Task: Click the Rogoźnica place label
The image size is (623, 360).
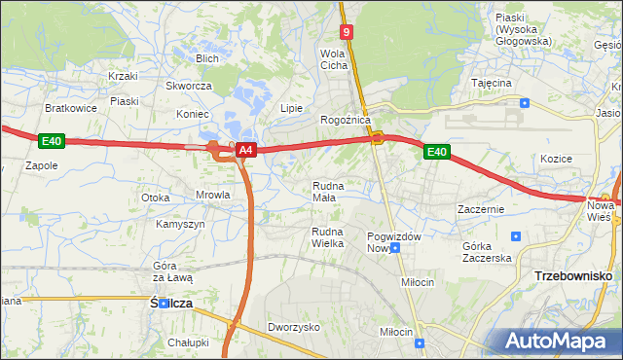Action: [346, 120]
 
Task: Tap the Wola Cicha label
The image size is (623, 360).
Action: [334, 59]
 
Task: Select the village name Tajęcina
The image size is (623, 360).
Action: [492, 83]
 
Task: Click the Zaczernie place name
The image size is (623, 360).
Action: [480, 209]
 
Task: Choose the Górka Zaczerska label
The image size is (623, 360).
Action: [487, 252]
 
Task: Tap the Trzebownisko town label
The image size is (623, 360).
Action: [573, 276]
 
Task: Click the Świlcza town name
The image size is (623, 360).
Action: [171, 304]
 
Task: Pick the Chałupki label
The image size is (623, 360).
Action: [188, 342]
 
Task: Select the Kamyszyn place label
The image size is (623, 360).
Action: [180, 224]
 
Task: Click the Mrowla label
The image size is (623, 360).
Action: [212, 195]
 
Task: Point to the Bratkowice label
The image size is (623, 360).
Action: [71, 108]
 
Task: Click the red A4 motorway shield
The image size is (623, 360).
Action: [246, 150]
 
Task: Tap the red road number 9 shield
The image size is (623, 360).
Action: [347, 32]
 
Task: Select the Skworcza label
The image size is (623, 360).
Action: [189, 86]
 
